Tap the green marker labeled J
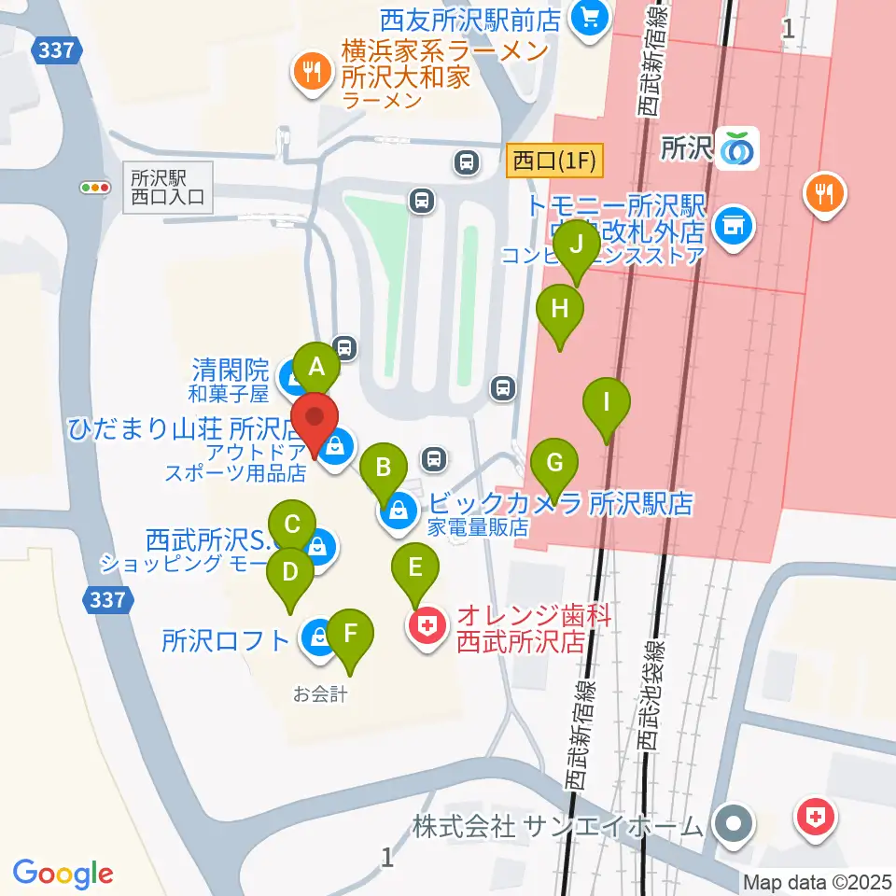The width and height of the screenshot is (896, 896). pos(577,245)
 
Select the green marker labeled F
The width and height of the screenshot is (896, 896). pos(351,636)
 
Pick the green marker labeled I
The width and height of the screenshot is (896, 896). pos(607,404)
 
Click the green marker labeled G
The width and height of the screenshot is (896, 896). pos(554,464)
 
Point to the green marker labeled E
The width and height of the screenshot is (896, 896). pos(415,567)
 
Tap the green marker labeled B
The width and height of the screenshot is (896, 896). pos(383,467)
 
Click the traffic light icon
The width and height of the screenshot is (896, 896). pos(95,188)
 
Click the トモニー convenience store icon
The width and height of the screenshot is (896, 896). pos(733,225)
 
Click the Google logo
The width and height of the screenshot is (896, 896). pos(63,874)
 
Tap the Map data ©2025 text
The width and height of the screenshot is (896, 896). pos(817,882)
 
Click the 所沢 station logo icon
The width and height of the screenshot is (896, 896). pos(740,147)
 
